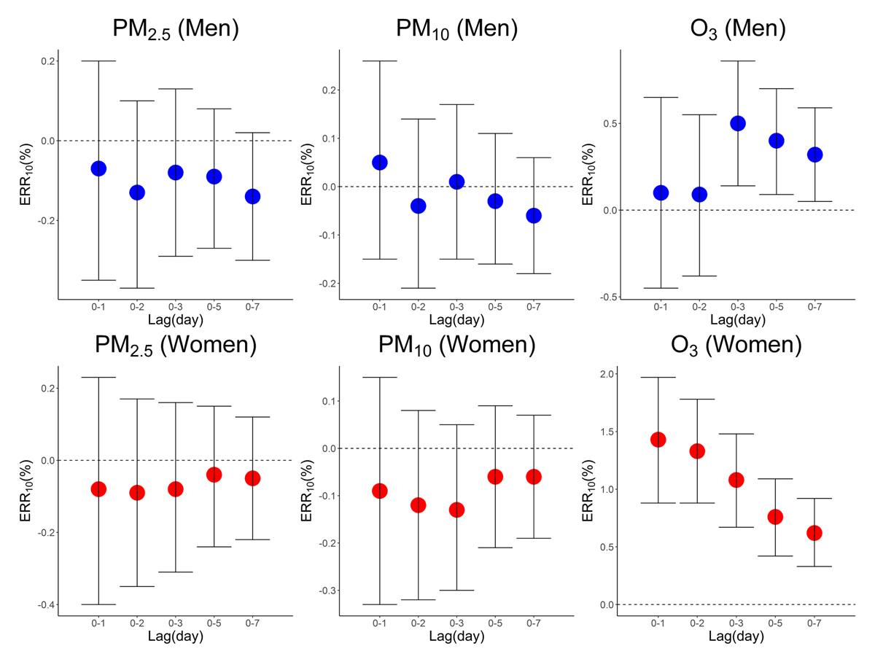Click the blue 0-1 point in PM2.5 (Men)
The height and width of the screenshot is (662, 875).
98,168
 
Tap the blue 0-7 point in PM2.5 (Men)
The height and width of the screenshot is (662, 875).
252,196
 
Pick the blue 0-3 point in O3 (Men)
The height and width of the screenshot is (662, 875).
737,123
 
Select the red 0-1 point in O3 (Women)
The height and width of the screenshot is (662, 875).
658,440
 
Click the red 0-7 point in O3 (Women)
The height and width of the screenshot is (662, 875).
814,533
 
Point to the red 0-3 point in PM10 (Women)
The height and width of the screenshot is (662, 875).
456,510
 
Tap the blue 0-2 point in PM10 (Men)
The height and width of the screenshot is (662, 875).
418,206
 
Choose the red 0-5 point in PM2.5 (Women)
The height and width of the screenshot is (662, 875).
214,475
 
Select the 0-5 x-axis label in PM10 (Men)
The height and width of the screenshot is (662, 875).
495,307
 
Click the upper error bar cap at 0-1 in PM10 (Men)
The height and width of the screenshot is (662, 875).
379,61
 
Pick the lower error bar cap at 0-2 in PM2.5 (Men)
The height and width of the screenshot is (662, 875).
137,288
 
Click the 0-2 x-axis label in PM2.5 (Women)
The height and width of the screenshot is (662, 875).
137,623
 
